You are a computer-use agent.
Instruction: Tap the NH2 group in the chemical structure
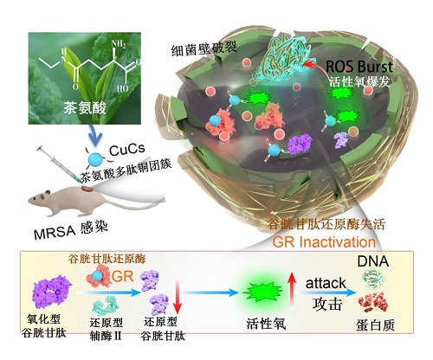pyautogui.click(x=119, y=44)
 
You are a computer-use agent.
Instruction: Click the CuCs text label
pyautogui.click(x=127, y=150)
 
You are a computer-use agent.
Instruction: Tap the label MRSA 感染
pyautogui.click(x=71, y=230)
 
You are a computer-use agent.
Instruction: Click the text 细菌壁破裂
pyautogui.click(x=204, y=48)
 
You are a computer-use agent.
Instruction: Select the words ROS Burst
pyautogui.click(x=359, y=67)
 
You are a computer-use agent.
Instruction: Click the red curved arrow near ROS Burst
pyautogui.click(x=317, y=67)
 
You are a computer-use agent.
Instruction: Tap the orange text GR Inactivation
pyautogui.click(x=324, y=242)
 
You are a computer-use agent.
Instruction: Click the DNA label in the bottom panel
pyautogui.click(x=373, y=261)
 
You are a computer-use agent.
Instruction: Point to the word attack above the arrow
pyautogui.click(x=326, y=283)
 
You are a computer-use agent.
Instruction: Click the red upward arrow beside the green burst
pyautogui.click(x=292, y=291)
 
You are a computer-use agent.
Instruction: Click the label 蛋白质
pyautogui.click(x=375, y=325)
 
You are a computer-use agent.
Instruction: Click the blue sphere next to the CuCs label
pyautogui.click(x=96, y=158)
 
